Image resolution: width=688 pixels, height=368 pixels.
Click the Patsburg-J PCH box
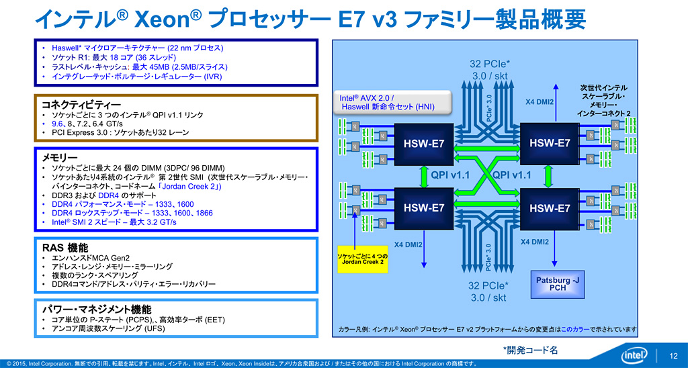pyautogui.click(x=557, y=284)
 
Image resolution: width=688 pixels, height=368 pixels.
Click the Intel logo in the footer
pyautogui.click(x=634, y=354)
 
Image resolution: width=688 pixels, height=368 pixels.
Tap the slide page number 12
pyautogui.click(x=673, y=355)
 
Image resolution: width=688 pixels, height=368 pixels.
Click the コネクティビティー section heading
pyautogui.click(x=81, y=105)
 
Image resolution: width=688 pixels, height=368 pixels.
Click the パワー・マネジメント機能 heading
pyautogui.click(x=96, y=309)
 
